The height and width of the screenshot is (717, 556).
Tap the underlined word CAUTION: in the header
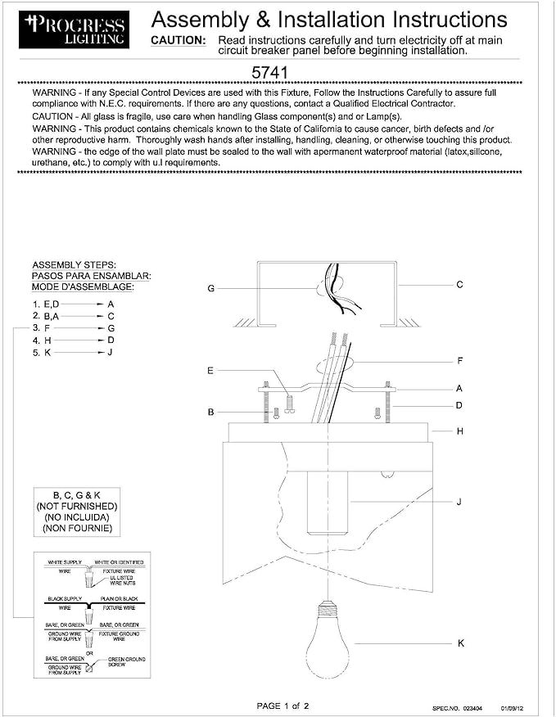[179, 40]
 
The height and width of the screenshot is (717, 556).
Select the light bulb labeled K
[328, 643]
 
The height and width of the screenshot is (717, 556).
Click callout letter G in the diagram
[211, 288]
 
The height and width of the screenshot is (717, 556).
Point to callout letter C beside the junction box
[459, 285]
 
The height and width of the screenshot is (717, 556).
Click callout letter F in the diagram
[459, 360]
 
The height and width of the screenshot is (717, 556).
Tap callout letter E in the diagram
[210, 371]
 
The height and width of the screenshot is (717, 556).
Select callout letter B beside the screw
[210, 413]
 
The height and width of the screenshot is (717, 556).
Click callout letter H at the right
[459, 431]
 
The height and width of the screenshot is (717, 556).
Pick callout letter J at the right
[459, 501]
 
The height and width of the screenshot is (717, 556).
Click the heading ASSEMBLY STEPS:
[74, 265]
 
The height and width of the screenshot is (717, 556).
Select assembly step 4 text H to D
[72, 340]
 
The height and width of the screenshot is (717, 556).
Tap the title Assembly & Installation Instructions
[329, 20]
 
